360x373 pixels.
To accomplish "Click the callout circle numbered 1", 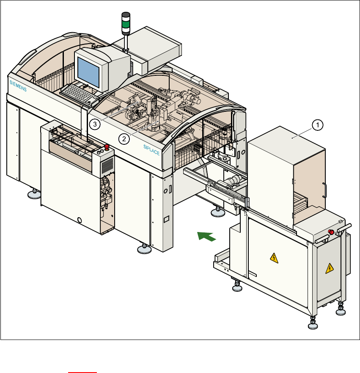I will pos(318,124).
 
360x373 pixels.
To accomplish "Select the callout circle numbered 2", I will pos(124,138).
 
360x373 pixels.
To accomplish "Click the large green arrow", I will pos(207,236).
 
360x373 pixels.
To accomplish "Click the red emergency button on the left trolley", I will pos(107,147).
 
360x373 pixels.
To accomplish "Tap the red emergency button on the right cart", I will pos(331,232).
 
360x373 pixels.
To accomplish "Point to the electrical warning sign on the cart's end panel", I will pos(328,268).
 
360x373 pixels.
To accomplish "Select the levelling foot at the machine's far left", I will pos(33,194).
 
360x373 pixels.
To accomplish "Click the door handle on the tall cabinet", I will pos(325,190).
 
